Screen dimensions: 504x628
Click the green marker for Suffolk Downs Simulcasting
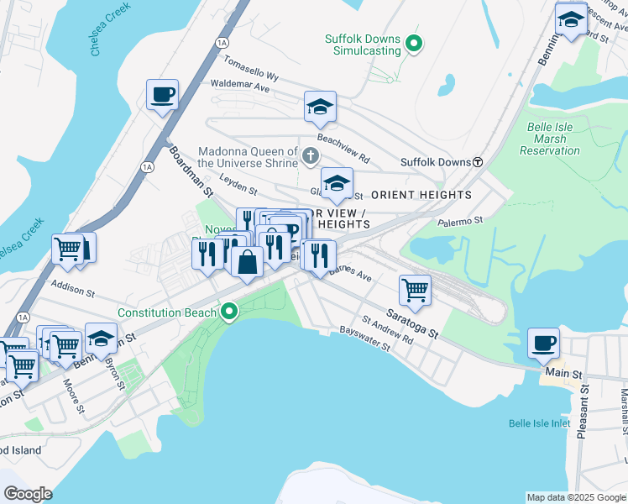point(413,43)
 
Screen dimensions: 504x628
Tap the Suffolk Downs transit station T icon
point(477,161)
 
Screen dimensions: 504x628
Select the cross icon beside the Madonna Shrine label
point(311,155)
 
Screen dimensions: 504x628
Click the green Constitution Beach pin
point(229,312)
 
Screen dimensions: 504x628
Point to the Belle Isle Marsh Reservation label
point(550,139)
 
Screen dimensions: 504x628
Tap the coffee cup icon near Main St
point(543,343)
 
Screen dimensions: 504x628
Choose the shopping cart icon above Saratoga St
point(415,290)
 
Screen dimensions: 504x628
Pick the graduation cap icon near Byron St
point(101,339)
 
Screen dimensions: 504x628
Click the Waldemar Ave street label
point(239,86)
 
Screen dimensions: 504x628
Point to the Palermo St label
point(461,222)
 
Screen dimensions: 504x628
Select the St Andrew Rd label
point(387,330)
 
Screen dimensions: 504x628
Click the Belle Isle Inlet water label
point(539,423)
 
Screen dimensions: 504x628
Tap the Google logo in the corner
point(28,494)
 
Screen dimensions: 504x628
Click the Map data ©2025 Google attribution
point(575,497)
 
